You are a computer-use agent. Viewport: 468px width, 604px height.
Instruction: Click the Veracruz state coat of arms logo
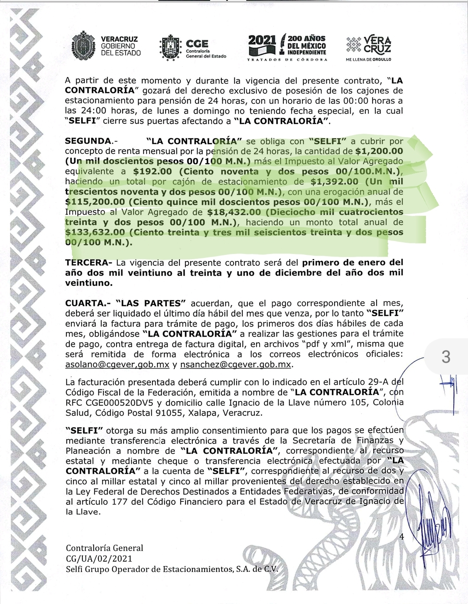click(84, 45)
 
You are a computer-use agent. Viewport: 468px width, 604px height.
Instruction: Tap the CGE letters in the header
click(197, 44)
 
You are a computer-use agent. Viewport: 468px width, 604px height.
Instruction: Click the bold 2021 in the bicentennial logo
click(262, 41)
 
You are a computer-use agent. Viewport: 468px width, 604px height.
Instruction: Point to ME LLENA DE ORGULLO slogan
click(368, 59)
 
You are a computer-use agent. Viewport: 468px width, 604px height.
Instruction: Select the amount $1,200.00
click(379, 151)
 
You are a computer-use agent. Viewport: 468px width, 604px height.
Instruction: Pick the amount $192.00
click(153, 171)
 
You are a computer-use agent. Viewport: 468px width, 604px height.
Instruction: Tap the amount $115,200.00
click(95, 202)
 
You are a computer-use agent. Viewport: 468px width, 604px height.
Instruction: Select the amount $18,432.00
click(234, 212)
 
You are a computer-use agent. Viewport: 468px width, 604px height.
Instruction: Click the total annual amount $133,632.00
click(95, 232)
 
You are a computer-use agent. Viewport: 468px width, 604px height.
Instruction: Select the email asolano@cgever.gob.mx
click(117, 365)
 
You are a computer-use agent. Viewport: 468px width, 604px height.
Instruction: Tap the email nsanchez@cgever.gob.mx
click(236, 365)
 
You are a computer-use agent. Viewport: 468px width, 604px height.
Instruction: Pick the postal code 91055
click(170, 413)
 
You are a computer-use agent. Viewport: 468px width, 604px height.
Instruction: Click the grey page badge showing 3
click(445, 357)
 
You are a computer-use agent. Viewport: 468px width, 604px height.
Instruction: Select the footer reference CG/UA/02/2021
click(99, 559)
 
